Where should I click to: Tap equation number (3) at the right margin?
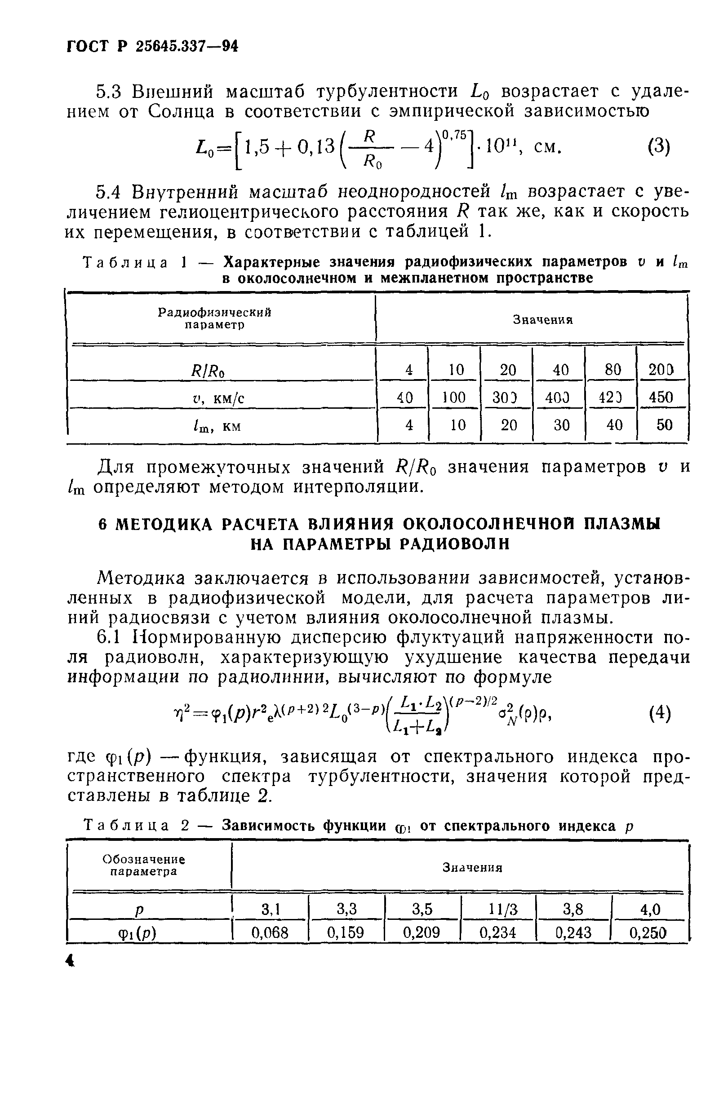point(659,147)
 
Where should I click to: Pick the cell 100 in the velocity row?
point(454,397)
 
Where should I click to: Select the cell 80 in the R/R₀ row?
point(612,370)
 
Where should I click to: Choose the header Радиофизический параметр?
point(215,318)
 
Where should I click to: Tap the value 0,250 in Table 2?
point(648,932)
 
